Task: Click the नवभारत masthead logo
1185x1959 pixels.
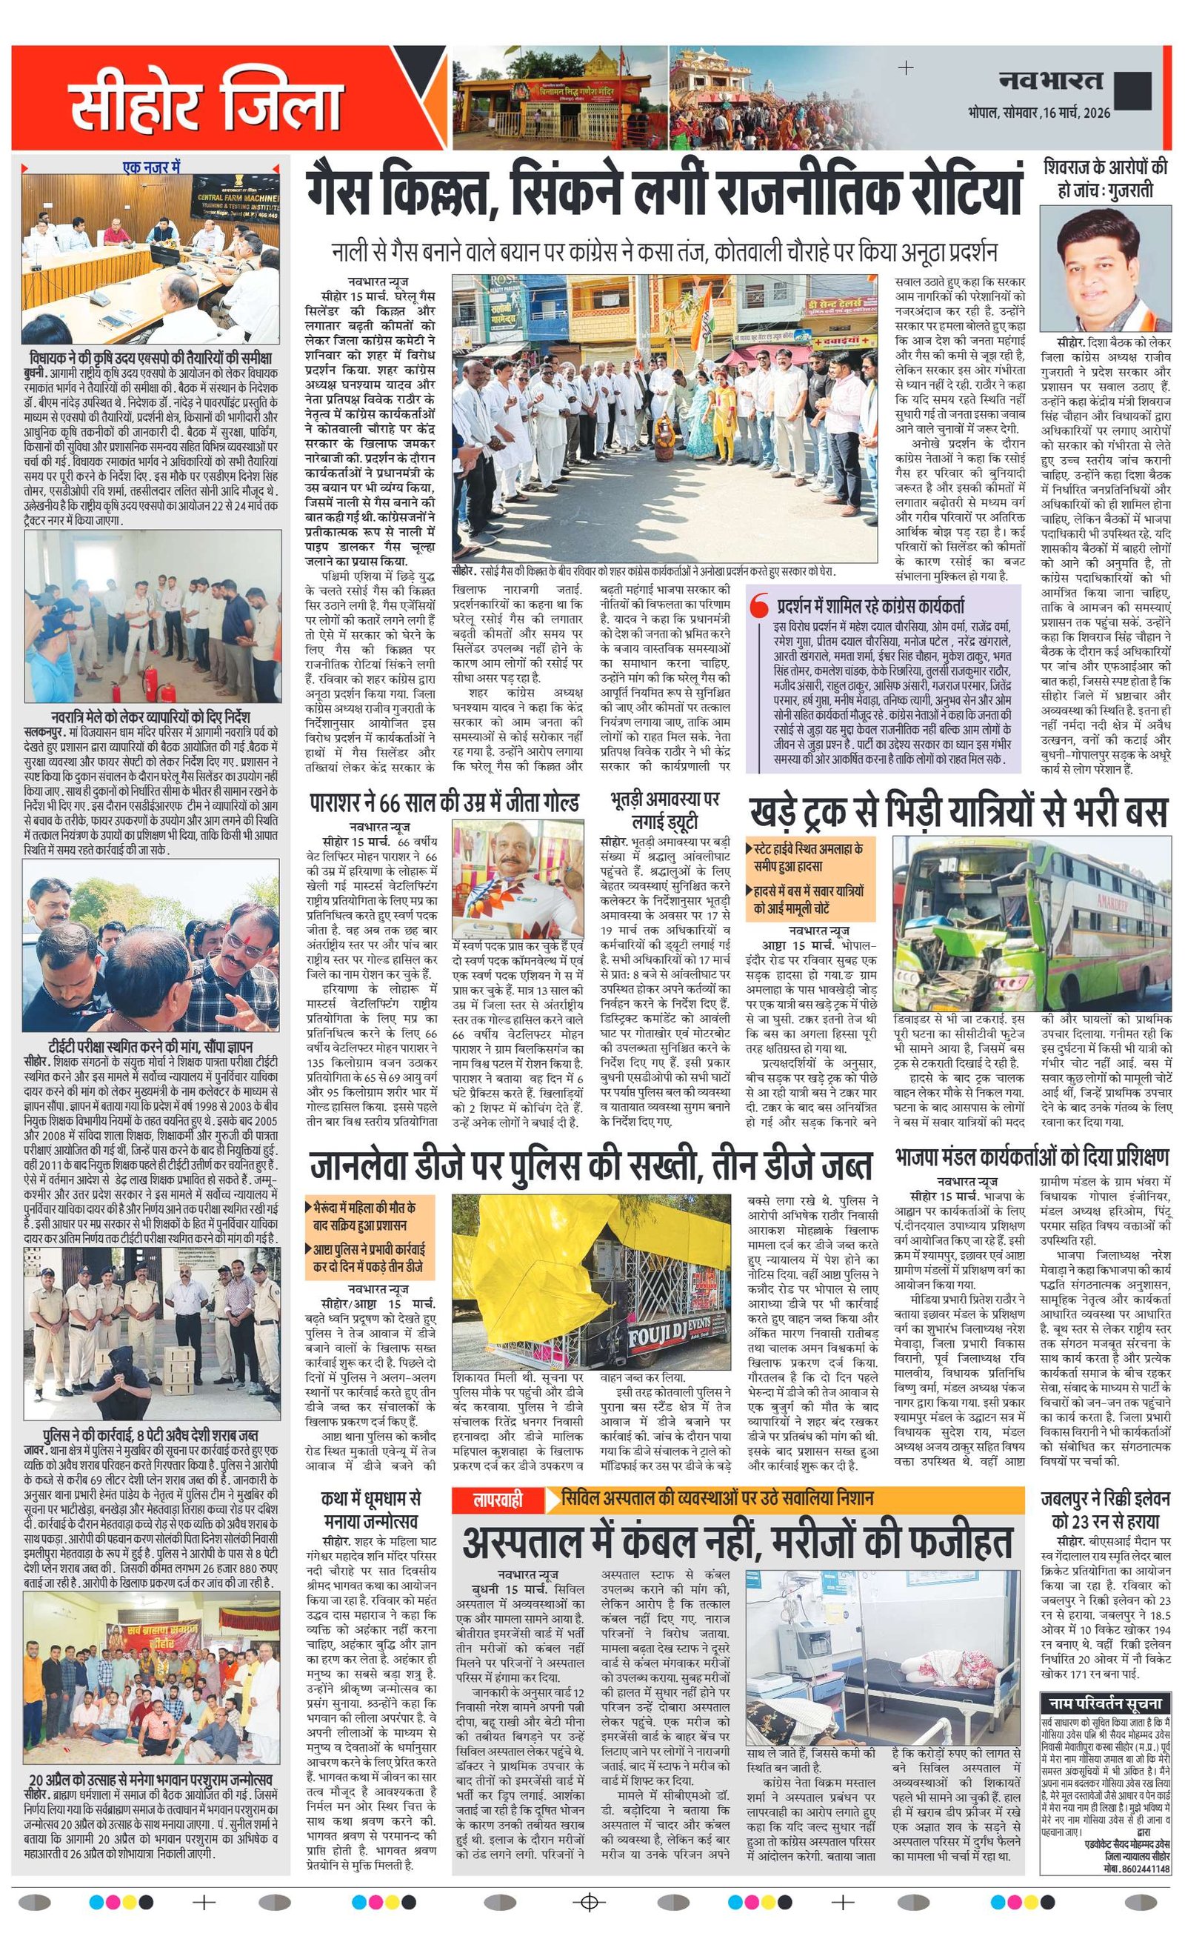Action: tap(1051, 80)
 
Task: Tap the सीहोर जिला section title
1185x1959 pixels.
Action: tap(205, 99)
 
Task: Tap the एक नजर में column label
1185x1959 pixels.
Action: tap(152, 167)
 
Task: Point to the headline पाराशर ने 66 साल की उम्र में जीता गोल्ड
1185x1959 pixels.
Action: tap(444, 803)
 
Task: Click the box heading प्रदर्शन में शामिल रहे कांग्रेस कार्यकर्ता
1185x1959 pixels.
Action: tap(872, 605)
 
